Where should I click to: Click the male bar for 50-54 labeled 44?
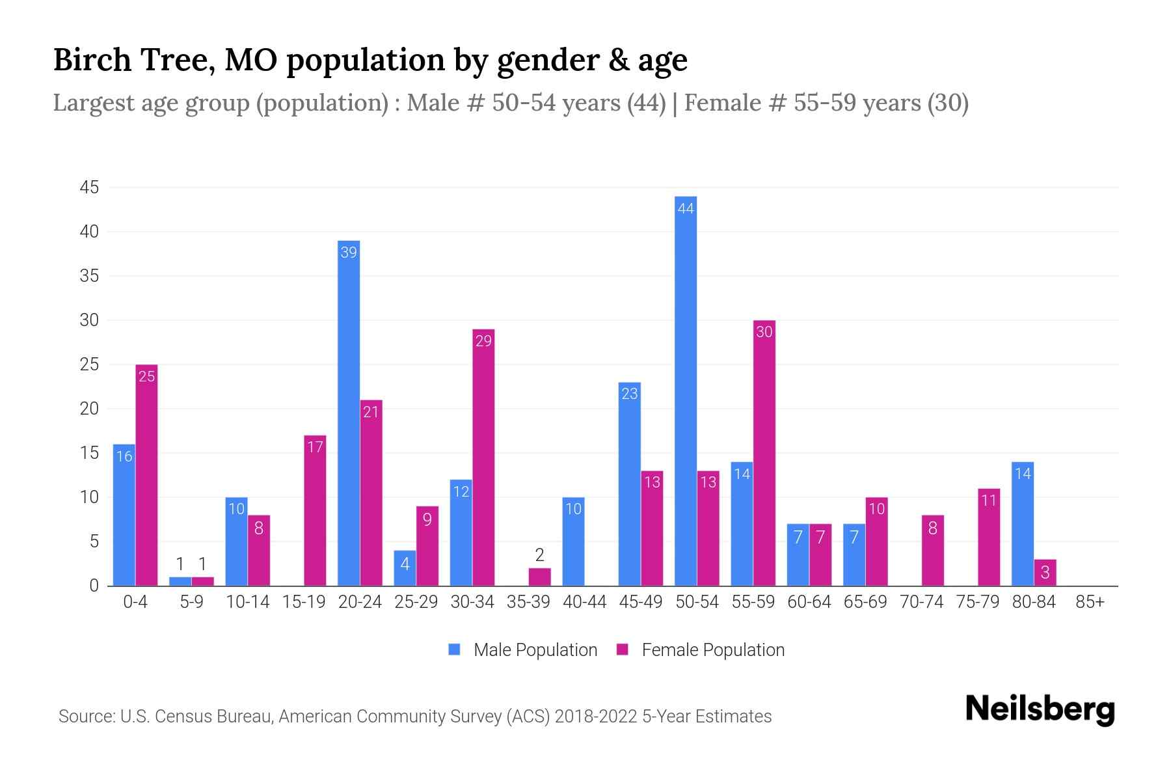click(686, 390)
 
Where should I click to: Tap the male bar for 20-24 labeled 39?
click(349, 413)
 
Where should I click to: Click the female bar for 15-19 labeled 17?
click(315, 511)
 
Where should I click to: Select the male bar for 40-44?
click(573, 541)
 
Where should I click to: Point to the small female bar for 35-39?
click(539, 577)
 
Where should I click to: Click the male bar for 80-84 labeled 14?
click(1023, 524)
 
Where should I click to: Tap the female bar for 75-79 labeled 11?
click(989, 537)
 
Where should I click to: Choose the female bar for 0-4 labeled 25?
click(146, 475)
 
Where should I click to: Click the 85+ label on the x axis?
click(1090, 602)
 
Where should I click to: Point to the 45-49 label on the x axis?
click(640, 602)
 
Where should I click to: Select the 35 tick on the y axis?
click(89, 276)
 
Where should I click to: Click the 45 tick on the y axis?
click(89, 187)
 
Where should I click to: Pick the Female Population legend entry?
click(701, 650)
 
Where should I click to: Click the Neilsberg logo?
click(1040, 709)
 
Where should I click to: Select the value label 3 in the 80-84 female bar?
click(1045, 573)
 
